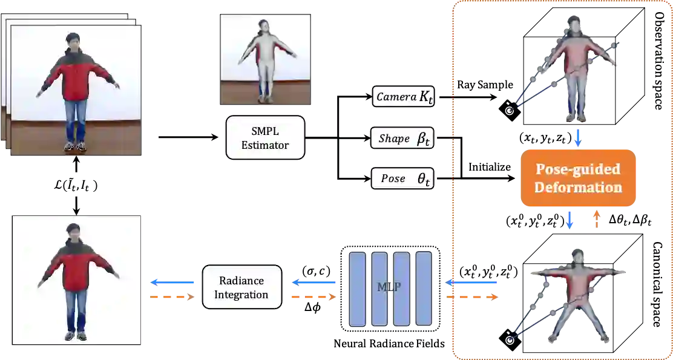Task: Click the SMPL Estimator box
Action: (x=265, y=138)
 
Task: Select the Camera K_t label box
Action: (x=404, y=96)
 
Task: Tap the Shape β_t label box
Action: (x=402, y=139)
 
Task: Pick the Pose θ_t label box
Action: (x=402, y=178)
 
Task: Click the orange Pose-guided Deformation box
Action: (x=578, y=178)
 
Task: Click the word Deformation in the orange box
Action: (x=578, y=187)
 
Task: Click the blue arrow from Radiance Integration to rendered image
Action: (x=174, y=282)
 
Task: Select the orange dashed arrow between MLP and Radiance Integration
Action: (x=314, y=297)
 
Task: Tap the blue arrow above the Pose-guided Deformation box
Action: (x=578, y=137)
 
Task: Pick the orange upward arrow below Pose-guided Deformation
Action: (x=597, y=220)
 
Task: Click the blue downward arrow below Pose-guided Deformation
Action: (x=570, y=220)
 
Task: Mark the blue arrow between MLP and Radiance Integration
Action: (x=314, y=282)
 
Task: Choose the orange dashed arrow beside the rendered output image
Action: (x=174, y=297)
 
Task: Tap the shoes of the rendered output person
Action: (x=76, y=335)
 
